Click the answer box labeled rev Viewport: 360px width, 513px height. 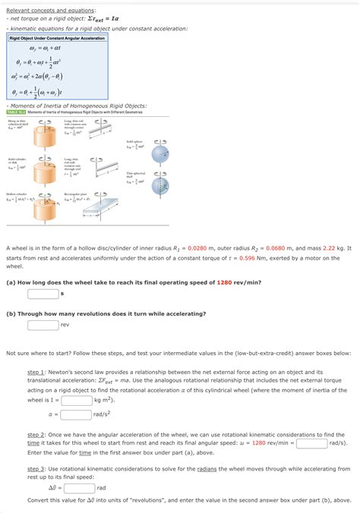tap(43, 326)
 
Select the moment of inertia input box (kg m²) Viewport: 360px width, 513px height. tap(76, 399)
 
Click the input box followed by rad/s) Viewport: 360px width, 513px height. tap(311, 443)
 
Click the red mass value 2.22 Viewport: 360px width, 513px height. tap(329, 248)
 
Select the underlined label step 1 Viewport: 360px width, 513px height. tap(36, 373)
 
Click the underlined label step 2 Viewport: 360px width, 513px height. tap(36, 434)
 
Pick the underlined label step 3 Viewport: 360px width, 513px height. tap(36, 469)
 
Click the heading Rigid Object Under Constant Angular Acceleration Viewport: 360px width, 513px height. tap(57, 38)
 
